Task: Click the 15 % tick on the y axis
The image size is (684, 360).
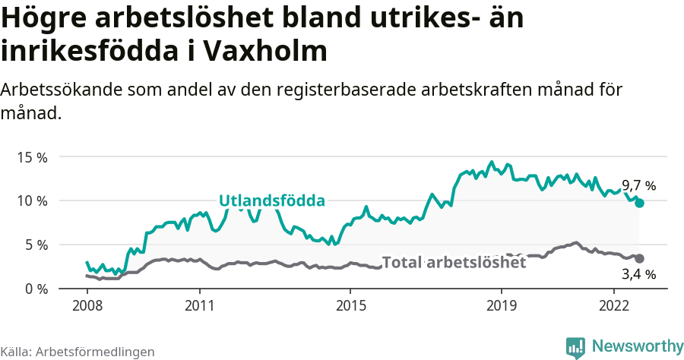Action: pos(33,157)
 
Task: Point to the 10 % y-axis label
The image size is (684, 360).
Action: pos(33,201)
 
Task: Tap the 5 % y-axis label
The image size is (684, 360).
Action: pos(36,245)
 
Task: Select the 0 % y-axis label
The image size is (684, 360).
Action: pos(36,289)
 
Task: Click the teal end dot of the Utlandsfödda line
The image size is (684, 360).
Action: pos(640,203)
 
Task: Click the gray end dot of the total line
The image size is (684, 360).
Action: pos(640,258)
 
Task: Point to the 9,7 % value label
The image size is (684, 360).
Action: pos(638,185)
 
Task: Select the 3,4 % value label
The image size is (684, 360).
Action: pos(638,274)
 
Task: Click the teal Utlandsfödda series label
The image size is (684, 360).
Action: pos(272,201)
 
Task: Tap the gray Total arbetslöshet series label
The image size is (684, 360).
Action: pos(454,263)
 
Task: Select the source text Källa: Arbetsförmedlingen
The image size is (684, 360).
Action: pos(78,352)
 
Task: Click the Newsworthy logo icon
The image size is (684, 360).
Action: pos(575,347)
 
